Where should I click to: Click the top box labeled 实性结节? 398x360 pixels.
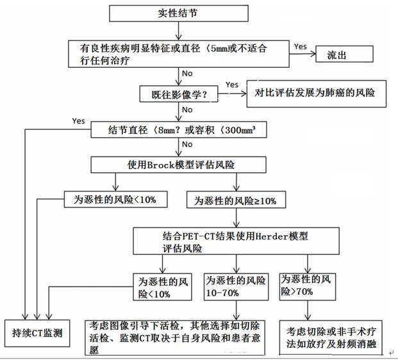pyautogui.click(x=179, y=13)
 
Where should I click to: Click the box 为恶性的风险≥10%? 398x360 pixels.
pyautogui.click(x=235, y=200)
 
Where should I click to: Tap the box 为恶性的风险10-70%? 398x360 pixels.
pyautogui.click(x=234, y=286)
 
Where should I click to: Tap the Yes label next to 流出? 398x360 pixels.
pyautogui.click(x=300, y=47)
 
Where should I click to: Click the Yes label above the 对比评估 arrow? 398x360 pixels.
pyautogui.click(x=231, y=85)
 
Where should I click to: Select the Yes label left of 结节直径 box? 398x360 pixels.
pyautogui.click(x=78, y=120)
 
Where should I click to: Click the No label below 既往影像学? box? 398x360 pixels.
pyautogui.click(x=187, y=110)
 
